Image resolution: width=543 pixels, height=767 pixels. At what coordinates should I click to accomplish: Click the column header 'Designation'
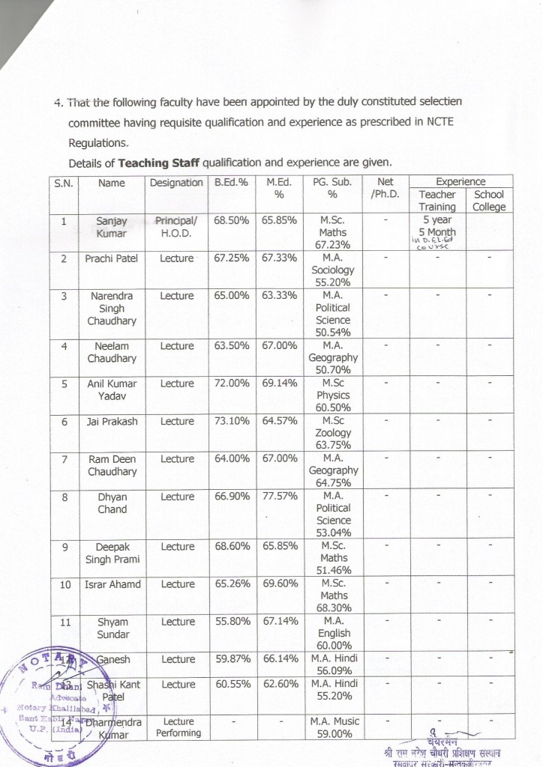176,183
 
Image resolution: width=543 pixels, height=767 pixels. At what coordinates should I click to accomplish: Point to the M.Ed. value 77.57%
281,497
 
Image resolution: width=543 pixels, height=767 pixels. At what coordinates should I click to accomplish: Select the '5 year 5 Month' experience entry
437,226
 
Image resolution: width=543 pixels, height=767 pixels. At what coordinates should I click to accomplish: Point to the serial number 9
64,547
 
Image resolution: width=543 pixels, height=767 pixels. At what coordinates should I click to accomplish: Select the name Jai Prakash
112,422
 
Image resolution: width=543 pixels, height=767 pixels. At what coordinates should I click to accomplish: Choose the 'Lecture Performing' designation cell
178,727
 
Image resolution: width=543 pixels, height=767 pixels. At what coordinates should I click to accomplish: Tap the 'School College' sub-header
489,201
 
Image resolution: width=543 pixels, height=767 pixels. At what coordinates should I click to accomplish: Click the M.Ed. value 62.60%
281,684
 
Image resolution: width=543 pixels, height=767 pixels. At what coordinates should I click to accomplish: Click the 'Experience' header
460,181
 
